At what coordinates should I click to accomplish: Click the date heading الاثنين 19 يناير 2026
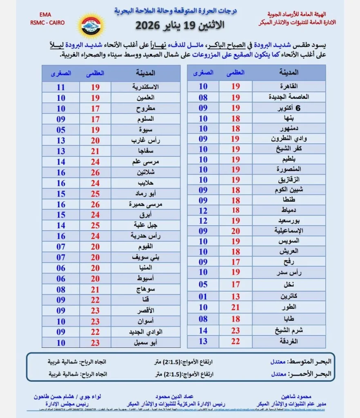tap(180, 25)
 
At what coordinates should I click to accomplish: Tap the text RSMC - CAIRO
tap(47, 22)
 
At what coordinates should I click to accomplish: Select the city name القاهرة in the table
tap(288, 86)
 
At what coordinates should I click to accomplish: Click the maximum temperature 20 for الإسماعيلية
tap(236, 231)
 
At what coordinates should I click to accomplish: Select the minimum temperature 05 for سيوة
tap(61, 130)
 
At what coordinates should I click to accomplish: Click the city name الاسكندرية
tap(145, 87)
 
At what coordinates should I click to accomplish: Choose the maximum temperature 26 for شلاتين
tap(95, 173)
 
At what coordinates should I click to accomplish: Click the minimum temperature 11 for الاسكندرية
tap(61, 87)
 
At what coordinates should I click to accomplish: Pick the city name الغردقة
tap(288, 341)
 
